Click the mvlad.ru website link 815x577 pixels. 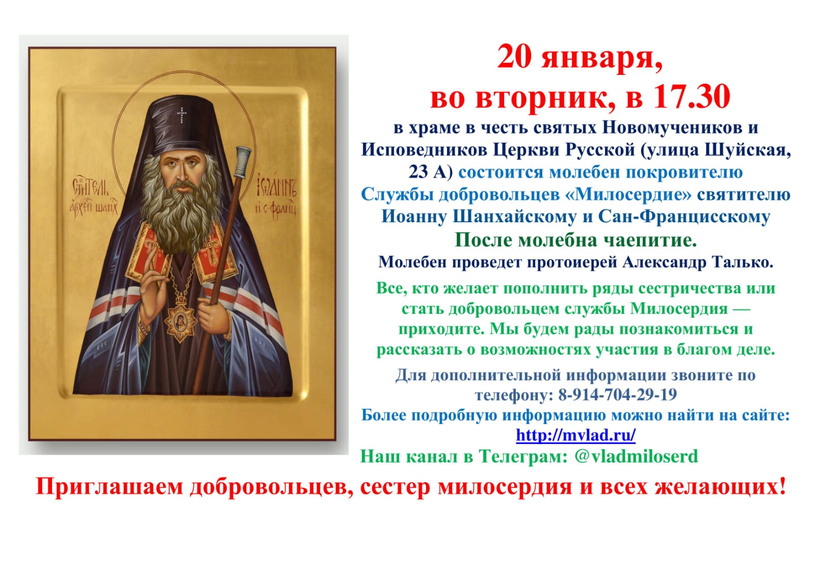575,435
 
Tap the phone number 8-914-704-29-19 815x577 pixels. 617,395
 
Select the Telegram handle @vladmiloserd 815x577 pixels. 636,456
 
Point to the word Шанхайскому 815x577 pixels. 514,217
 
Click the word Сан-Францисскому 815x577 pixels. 684,217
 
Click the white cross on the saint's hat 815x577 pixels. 181,115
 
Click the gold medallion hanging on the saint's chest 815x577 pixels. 180,321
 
